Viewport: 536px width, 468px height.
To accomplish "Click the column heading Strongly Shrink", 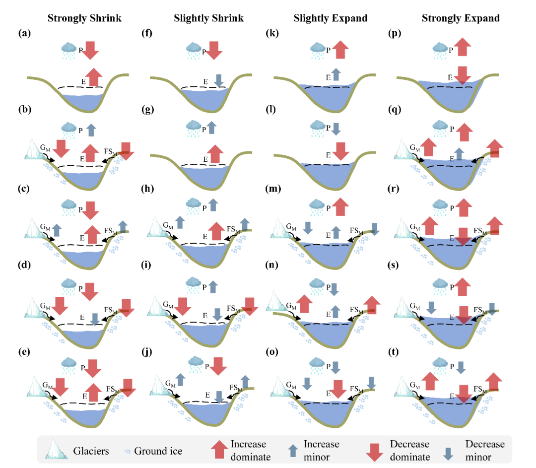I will click(x=84, y=18).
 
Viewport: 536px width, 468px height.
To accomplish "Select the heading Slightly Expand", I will click(x=330, y=18).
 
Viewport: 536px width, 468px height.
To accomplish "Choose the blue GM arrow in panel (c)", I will click(x=57, y=229).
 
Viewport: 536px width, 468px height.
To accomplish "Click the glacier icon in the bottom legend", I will click(x=56, y=450).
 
